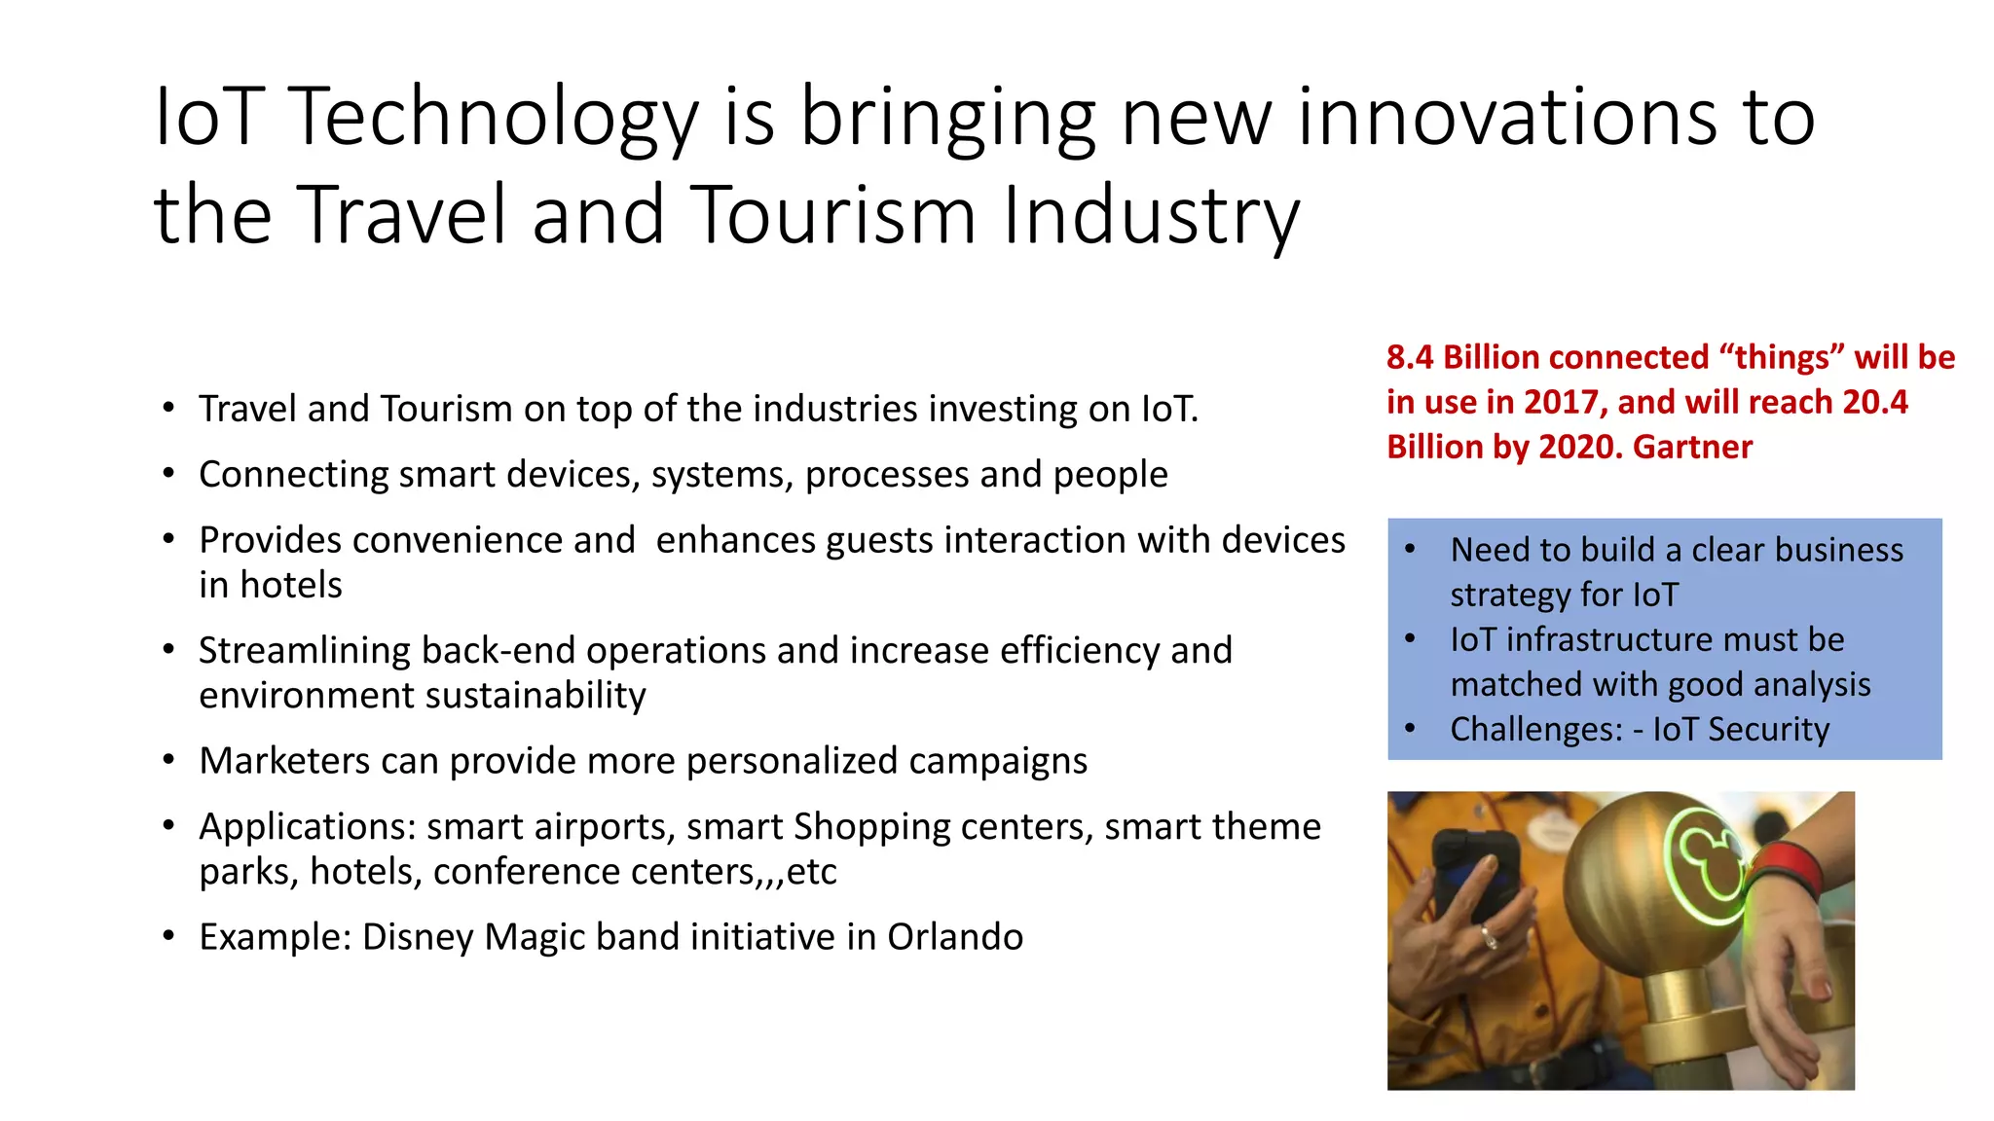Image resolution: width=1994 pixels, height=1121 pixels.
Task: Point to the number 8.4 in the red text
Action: tap(1410, 357)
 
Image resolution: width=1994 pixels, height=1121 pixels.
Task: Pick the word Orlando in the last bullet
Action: tap(954, 936)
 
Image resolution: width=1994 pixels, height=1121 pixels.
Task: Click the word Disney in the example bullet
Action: tap(419, 936)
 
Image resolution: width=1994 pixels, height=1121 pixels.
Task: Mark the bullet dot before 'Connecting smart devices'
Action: tap(169, 475)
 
